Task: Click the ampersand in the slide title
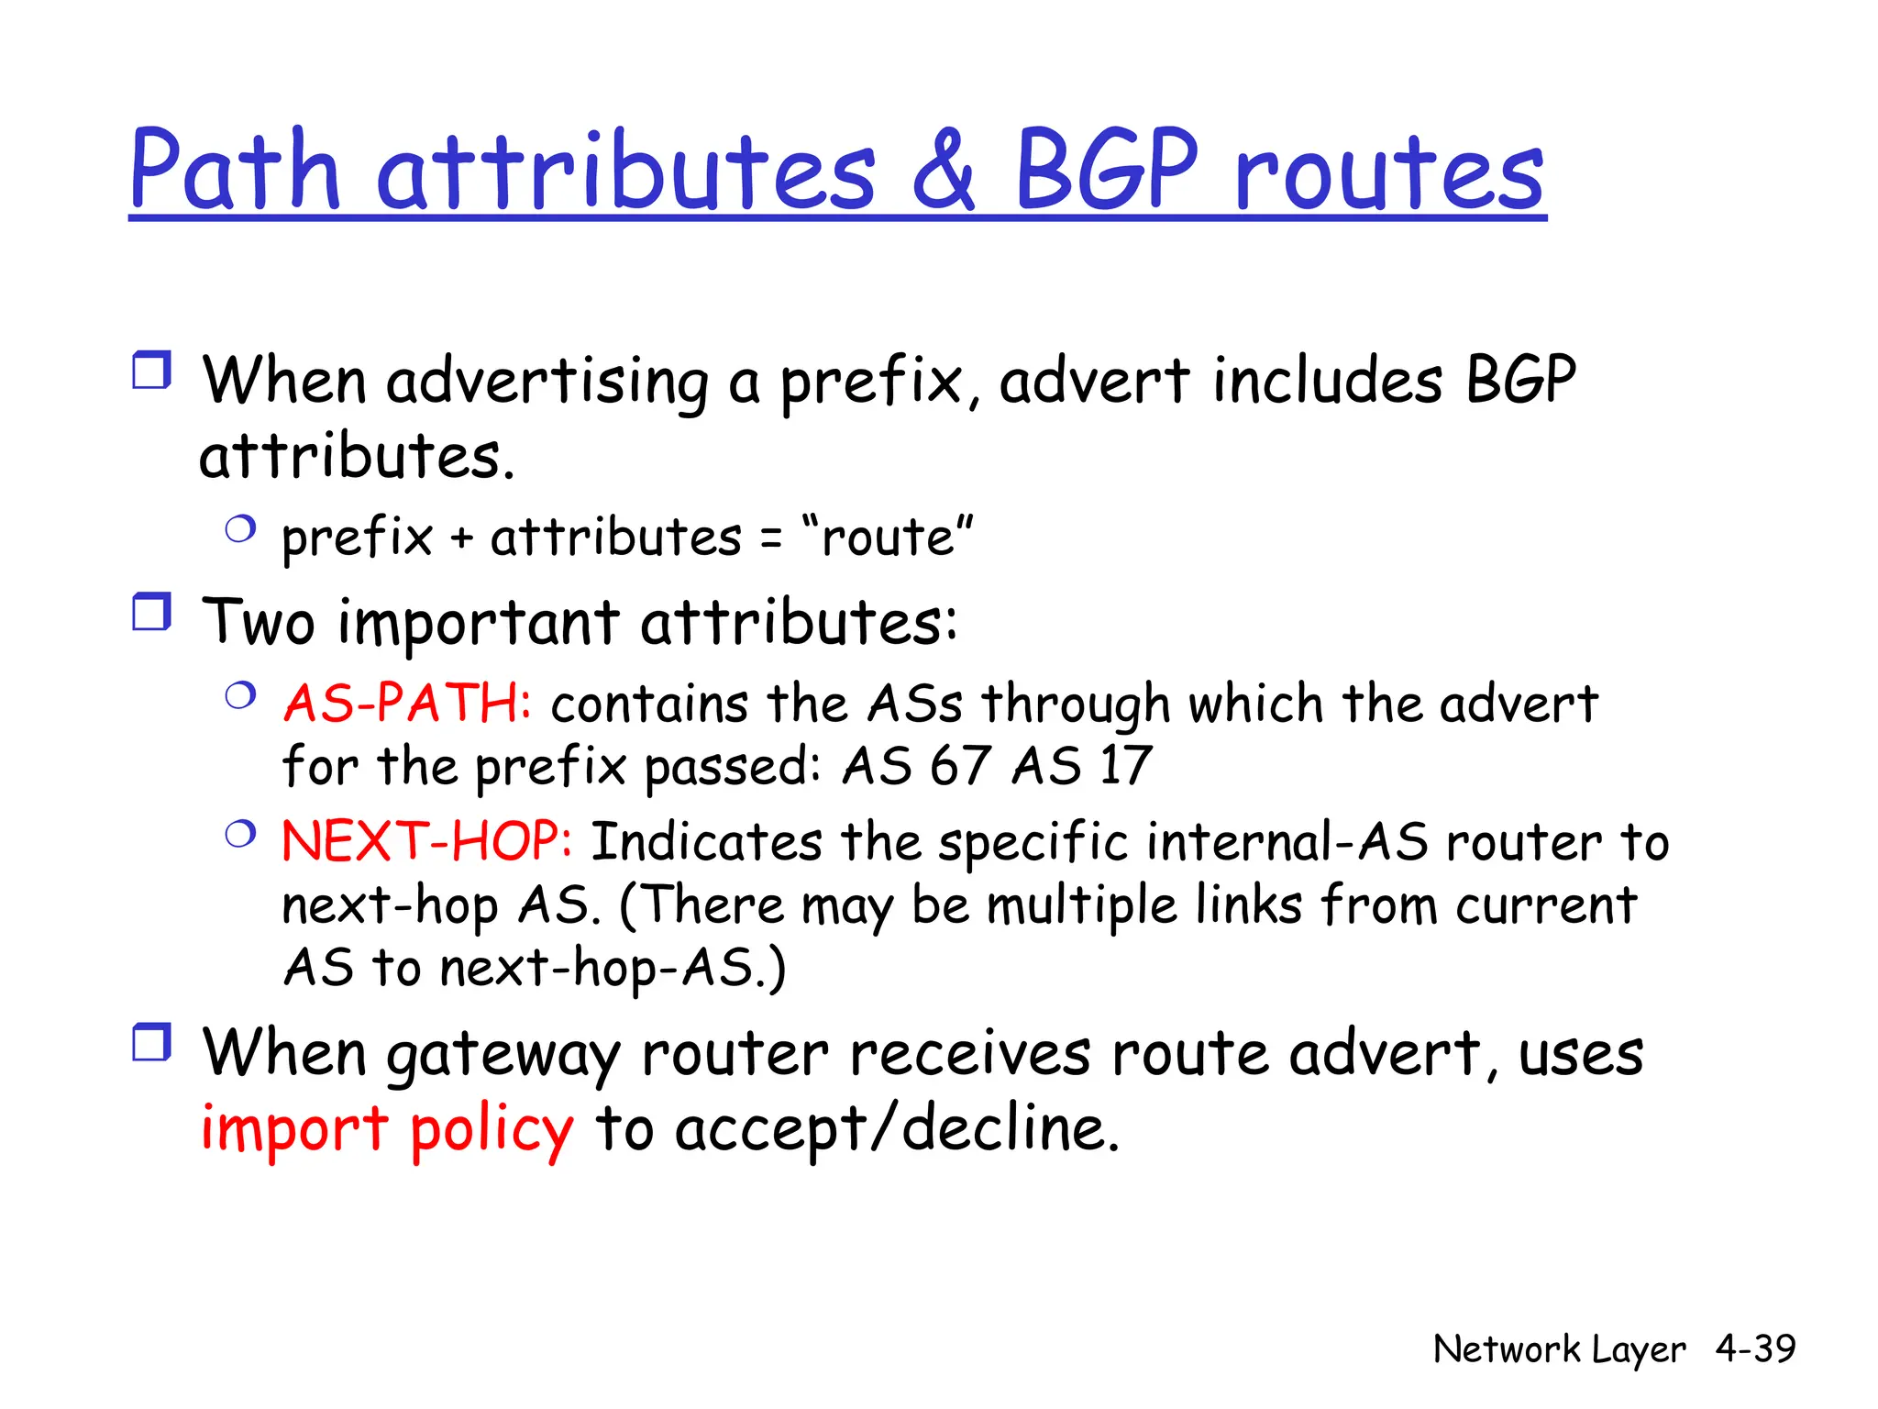pos(945,170)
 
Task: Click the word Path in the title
pos(236,170)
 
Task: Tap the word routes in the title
pos(1389,172)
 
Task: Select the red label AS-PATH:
pos(407,704)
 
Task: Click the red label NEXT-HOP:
pos(427,841)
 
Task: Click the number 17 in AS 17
pos(1125,766)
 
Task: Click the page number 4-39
pos(1755,1348)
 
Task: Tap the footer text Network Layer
pos(1558,1349)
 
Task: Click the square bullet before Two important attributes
pos(151,612)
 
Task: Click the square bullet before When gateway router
pos(151,1042)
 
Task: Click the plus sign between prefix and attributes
pos(461,539)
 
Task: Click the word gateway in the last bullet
pos(503,1055)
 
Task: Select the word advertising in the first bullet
pos(547,382)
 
